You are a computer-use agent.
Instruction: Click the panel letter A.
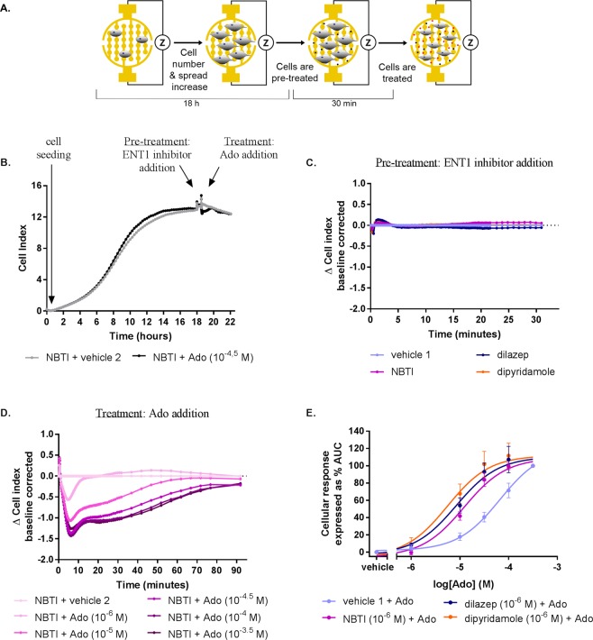tap(5, 8)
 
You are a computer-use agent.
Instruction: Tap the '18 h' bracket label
tap(191, 104)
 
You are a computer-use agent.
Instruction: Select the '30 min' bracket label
tap(343, 104)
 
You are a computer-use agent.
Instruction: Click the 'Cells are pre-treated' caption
tap(295, 72)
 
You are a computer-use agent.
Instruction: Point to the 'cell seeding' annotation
tap(53, 148)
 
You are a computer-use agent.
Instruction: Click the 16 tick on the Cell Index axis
tap(36, 186)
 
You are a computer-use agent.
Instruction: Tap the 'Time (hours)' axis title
tap(141, 336)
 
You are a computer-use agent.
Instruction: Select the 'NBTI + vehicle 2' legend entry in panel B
tap(74, 358)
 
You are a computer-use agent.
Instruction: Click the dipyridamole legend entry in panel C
tap(515, 372)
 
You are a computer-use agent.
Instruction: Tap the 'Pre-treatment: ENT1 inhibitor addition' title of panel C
tap(464, 162)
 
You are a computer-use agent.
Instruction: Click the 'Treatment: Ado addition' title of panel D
tap(152, 414)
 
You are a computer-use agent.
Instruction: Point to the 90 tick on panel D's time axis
tap(237, 571)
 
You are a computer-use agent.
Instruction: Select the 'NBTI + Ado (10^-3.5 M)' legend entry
tap(207, 634)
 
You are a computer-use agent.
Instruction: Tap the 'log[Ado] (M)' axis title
tap(463, 584)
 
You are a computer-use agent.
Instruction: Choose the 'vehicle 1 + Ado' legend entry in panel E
tap(368, 601)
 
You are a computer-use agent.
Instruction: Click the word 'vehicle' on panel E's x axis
tap(378, 567)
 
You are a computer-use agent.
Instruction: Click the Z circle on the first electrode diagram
tap(162, 42)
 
